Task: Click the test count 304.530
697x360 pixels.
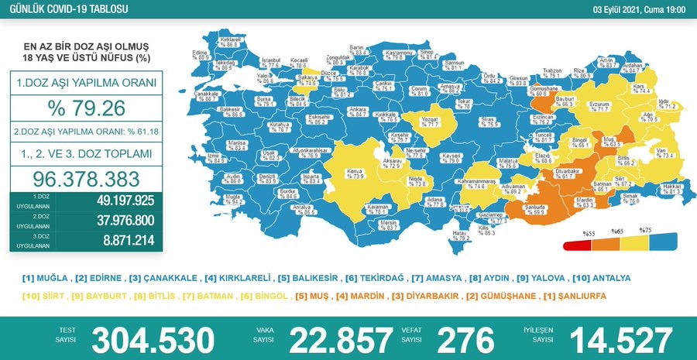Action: [x=153, y=339]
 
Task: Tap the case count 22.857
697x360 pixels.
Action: [x=341, y=339]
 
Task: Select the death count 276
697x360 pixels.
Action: [x=465, y=339]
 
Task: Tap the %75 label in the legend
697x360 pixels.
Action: [x=644, y=231]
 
